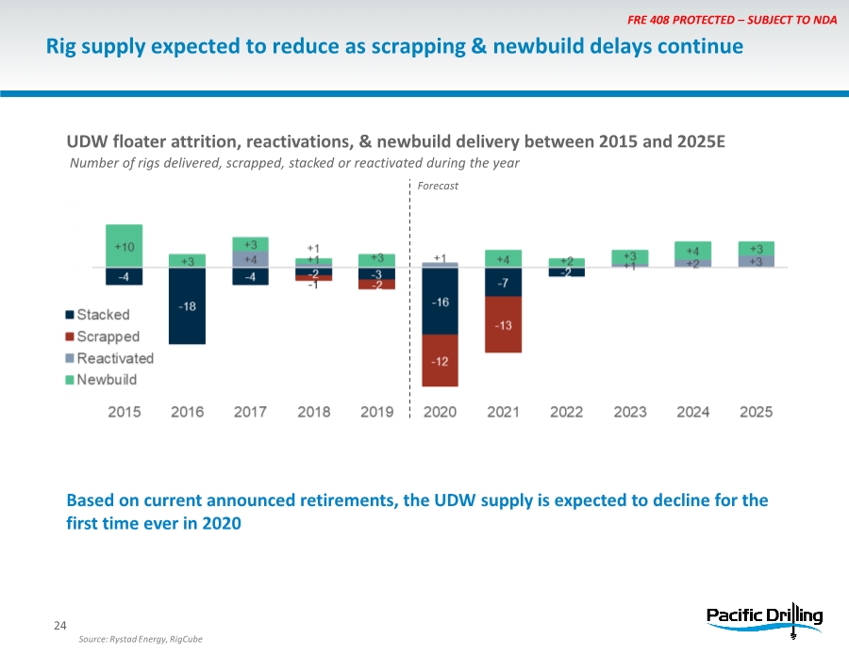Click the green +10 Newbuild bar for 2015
click(x=125, y=246)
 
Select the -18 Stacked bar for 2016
click(x=187, y=306)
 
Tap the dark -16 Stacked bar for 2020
click(x=440, y=302)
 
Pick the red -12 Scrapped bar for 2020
click(x=440, y=361)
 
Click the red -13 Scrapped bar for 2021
click(x=503, y=325)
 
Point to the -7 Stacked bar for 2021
click(x=503, y=283)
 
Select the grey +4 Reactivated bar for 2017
click(x=250, y=259)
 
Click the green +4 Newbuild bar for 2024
click(x=692, y=251)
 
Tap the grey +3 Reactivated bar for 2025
click(x=756, y=261)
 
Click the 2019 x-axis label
click(x=377, y=412)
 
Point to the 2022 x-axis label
click(x=566, y=412)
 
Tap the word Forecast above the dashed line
click(x=439, y=186)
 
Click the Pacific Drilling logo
click(x=764, y=617)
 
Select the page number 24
click(x=59, y=626)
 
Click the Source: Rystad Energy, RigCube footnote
click(x=141, y=639)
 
